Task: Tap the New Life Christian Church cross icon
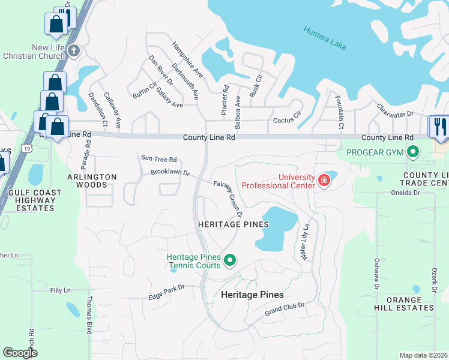tap(73, 50)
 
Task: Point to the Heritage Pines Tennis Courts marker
tap(229, 260)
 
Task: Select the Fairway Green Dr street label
tap(228, 199)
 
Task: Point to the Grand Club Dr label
tap(285, 310)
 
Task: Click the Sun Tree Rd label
tap(158, 159)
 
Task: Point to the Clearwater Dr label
tap(395, 110)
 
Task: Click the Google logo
tap(20, 353)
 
